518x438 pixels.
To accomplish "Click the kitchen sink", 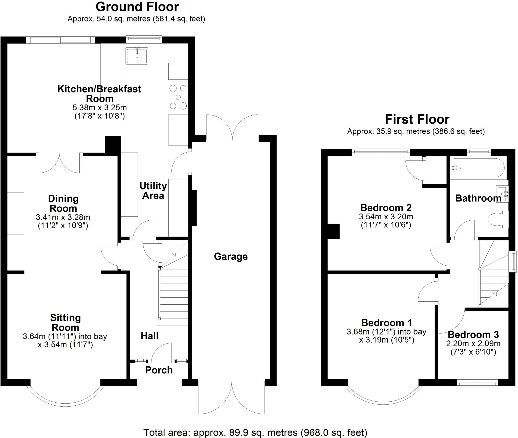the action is pyautogui.click(x=137, y=55).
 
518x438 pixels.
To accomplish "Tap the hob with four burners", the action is pyautogui.click(x=178, y=97).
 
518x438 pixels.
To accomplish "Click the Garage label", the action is pyautogui.click(x=231, y=257).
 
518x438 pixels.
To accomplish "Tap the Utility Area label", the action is pyautogui.click(x=153, y=191).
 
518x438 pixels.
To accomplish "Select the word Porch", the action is pyautogui.click(x=159, y=370).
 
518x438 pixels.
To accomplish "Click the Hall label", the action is pyautogui.click(x=149, y=336).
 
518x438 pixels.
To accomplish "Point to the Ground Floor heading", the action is pyautogui.click(x=137, y=7).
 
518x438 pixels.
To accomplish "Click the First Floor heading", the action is pyautogui.click(x=417, y=119).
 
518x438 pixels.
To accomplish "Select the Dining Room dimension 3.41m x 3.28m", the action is pyautogui.click(x=63, y=217).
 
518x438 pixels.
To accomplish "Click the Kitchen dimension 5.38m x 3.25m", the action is pyautogui.click(x=100, y=108).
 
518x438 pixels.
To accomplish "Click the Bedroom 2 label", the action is pyautogui.click(x=386, y=208).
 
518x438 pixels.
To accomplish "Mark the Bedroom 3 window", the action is pyautogui.click(x=477, y=384).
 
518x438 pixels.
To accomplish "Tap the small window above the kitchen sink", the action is pyautogui.click(x=144, y=38).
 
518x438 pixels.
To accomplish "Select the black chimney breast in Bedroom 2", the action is pyautogui.click(x=333, y=232).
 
